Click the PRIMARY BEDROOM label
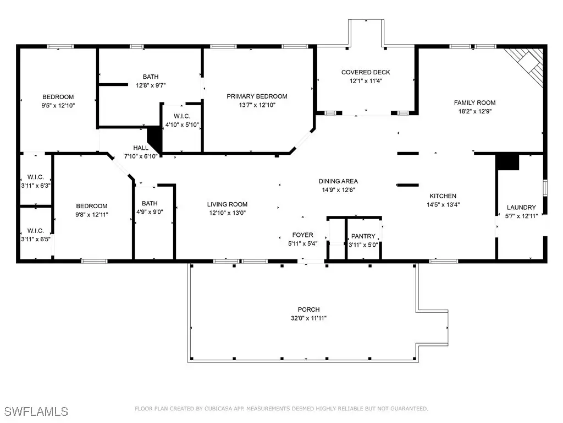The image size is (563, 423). click(257, 96)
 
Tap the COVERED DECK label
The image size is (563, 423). click(366, 72)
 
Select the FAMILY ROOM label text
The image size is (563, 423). click(474, 103)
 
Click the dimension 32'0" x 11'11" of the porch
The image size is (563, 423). click(309, 318)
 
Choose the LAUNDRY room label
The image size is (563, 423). click(521, 208)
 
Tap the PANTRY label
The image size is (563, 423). click(363, 236)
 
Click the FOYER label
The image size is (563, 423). click(303, 235)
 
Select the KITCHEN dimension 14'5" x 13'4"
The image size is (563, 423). click(443, 205)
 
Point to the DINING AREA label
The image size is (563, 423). click(338, 181)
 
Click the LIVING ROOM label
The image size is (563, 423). click(227, 204)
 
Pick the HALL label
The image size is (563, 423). click(141, 148)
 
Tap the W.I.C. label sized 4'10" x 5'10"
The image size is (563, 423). click(182, 116)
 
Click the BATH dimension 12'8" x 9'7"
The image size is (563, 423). click(151, 85)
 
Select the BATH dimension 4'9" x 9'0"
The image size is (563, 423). click(150, 212)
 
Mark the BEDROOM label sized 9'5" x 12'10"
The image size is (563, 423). click(58, 97)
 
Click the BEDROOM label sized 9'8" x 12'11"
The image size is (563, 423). click(92, 206)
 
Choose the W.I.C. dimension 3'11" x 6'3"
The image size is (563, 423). click(36, 186)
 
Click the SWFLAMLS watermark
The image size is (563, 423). click(36, 411)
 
